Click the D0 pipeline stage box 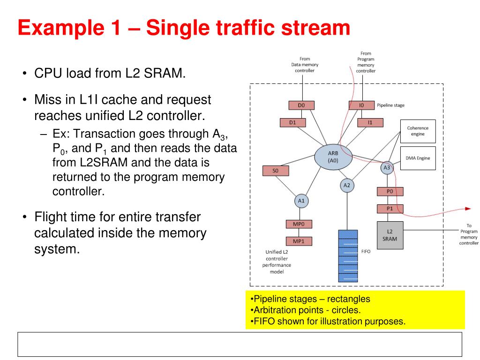click(301, 105)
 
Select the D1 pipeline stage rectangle click(292, 123)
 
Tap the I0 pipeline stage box click(361, 105)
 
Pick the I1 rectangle click(370, 123)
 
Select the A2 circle click(347, 185)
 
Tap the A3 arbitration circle click(387, 167)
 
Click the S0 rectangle click(275, 171)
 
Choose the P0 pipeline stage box click(390, 191)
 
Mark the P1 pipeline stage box click(390, 209)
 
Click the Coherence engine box click(418, 131)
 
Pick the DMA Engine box click(418, 158)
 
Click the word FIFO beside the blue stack click(366, 252)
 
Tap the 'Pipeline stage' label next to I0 click(390, 105)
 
